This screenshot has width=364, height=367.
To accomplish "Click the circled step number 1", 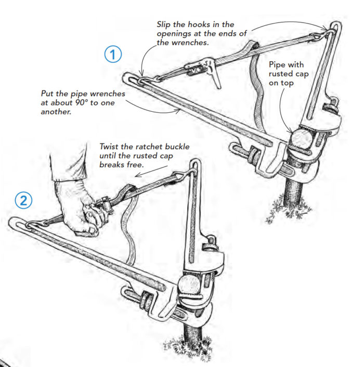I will click(x=113, y=55).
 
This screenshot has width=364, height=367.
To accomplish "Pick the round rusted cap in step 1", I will click(x=301, y=139).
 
